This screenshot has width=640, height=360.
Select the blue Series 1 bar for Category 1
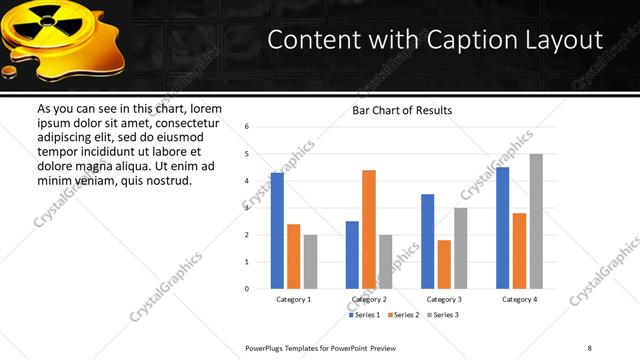[277, 230]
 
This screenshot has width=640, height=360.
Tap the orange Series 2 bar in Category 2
[369, 229]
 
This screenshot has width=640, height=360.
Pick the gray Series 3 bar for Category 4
[536, 221]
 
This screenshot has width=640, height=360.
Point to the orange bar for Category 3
[444, 264]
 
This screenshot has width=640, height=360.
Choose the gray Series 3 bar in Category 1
[310, 261]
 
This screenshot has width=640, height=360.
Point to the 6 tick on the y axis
[247, 127]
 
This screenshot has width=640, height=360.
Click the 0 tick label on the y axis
[247, 289]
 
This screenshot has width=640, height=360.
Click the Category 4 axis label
[520, 299]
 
